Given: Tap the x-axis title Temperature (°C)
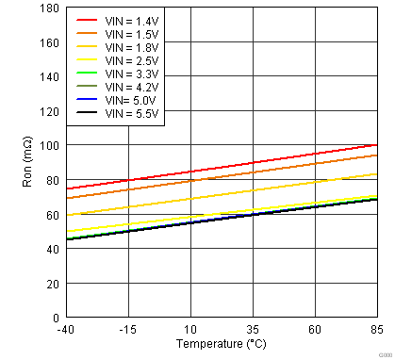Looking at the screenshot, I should (x=220, y=345).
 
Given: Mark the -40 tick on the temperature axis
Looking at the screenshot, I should (x=65, y=329).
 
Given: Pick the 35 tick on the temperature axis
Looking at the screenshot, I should (x=253, y=329).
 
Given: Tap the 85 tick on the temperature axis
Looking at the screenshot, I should (x=377, y=329).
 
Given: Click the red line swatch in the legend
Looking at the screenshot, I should (x=87, y=19).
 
